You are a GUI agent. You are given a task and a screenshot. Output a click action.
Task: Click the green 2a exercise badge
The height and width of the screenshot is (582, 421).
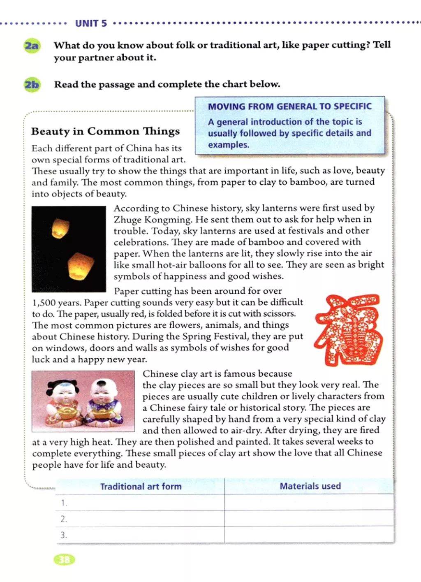tap(31, 45)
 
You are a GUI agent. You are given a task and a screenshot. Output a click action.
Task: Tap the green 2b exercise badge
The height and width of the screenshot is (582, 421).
tap(32, 85)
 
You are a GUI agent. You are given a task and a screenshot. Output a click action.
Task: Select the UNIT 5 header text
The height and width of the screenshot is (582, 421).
tap(91, 23)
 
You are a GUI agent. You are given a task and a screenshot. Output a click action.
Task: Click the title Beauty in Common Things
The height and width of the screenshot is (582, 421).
tap(105, 131)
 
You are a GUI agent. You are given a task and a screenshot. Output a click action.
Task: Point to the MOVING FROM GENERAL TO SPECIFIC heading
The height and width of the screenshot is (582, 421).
tap(289, 106)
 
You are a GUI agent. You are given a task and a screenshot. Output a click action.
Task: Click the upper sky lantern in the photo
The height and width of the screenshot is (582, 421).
tap(60, 228)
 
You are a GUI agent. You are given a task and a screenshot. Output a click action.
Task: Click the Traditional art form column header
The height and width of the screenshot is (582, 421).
tap(141, 487)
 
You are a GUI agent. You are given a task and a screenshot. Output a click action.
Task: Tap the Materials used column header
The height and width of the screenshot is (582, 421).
tap(310, 486)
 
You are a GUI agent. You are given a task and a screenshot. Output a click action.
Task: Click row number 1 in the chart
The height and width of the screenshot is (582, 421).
tap(64, 503)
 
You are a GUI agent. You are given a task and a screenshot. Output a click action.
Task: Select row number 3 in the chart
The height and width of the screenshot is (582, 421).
tap(64, 535)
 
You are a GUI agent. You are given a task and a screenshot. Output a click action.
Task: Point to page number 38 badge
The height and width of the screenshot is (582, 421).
tap(65, 560)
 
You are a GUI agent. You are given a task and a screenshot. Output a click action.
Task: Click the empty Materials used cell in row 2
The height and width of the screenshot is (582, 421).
tap(309, 519)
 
